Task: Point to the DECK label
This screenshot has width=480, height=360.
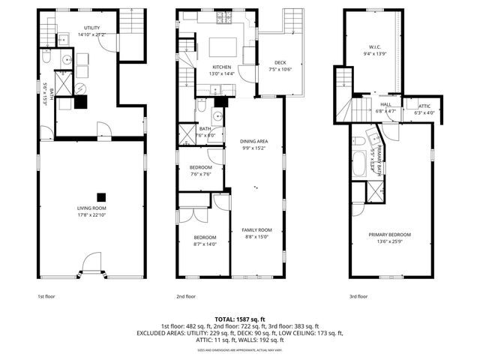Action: coord(280,63)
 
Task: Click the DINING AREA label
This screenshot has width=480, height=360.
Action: coord(254,142)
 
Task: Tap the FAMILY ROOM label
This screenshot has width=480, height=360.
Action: coord(256,230)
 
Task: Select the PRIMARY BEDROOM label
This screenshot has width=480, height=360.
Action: coord(389,235)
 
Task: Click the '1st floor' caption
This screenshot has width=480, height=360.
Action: coord(46,296)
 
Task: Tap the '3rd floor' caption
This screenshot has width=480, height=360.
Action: coord(358,296)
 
